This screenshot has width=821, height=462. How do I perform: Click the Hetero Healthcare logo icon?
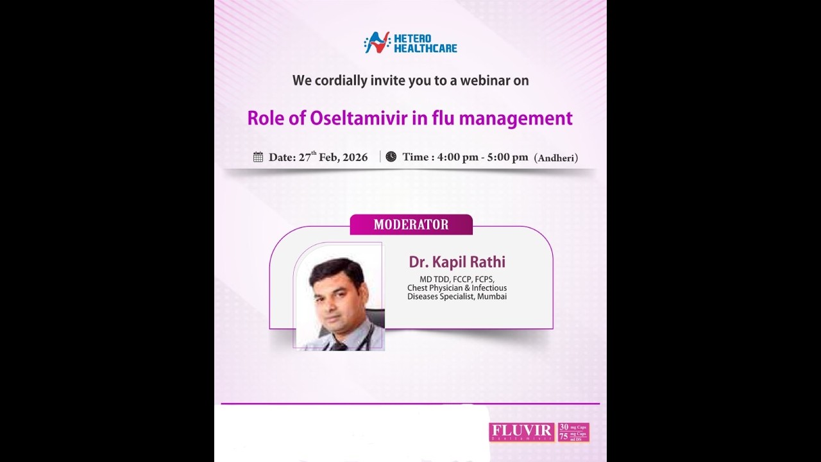(x=377, y=42)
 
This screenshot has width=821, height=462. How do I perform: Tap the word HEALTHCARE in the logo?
(x=425, y=48)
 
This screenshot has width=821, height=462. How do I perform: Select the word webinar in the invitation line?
(x=461, y=81)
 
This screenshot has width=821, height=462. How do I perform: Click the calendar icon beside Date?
(x=258, y=157)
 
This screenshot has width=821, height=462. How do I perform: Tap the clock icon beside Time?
(x=391, y=157)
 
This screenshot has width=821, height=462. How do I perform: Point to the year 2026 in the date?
(x=355, y=158)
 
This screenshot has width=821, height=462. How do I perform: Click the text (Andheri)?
(x=556, y=158)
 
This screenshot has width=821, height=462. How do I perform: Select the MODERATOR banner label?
(x=411, y=225)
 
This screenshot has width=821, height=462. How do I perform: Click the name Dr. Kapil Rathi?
(x=457, y=262)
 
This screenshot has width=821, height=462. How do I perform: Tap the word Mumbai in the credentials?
(x=492, y=296)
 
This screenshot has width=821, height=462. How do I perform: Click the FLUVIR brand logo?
(x=521, y=431)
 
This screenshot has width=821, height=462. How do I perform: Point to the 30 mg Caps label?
(x=573, y=427)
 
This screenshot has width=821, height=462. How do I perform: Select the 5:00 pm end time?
(x=507, y=157)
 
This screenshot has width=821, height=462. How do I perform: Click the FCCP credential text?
(x=462, y=279)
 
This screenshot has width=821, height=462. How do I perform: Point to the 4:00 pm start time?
(x=457, y=157)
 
